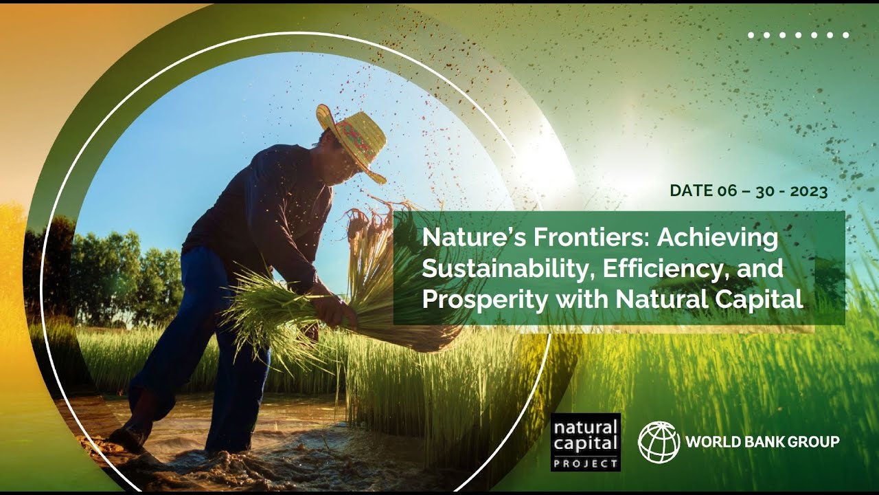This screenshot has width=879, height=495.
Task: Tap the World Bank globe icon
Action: [659, 441]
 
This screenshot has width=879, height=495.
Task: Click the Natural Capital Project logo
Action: [586, 441]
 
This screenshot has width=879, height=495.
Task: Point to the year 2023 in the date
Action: [808, 192]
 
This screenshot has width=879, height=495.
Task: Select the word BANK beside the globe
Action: [756, 441]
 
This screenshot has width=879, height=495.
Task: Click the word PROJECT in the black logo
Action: [586, 463]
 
